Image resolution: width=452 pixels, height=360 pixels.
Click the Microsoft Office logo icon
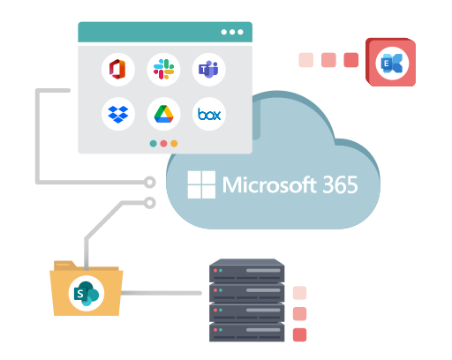click(117, 70)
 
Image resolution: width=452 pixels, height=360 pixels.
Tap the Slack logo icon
click(163, 70)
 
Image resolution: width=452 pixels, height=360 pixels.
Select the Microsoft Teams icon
click(208, 70)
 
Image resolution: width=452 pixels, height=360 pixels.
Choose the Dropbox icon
click(118, 114)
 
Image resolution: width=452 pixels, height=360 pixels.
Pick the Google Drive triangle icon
click(163, 114)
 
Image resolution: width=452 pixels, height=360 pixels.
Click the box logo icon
click(209, 114)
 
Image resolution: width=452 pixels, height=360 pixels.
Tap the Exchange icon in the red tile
click(392, 64)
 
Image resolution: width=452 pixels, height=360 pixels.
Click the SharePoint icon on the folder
click(87, 293)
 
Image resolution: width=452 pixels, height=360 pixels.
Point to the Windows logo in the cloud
click(201, 184)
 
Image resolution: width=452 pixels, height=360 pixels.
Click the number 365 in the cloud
click(340, 184)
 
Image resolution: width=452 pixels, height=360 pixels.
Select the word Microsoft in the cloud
click(269, 184)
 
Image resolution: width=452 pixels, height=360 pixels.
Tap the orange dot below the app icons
click(174, 144)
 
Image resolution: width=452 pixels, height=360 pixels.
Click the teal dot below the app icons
click(153, 144)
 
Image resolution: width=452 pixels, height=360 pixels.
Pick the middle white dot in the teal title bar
click(232, 32)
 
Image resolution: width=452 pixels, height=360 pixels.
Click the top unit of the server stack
click(246, 271)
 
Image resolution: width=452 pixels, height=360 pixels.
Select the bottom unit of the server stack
click(246, 333)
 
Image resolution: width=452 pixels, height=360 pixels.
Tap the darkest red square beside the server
click(299, 334)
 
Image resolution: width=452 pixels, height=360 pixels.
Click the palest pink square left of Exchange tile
click(306, 60)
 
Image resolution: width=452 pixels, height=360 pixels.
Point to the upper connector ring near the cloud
click(150, 183)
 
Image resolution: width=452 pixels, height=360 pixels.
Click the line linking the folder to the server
click(162, 293)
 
